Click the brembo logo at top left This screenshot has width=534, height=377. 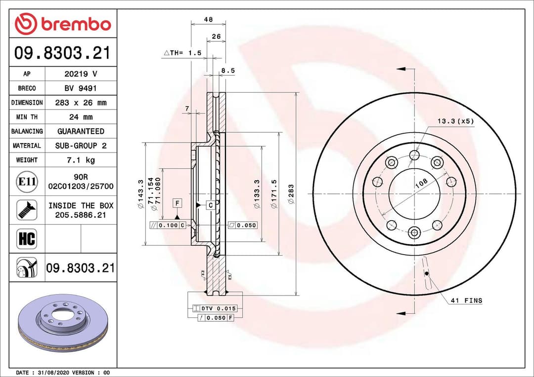coord(63,23)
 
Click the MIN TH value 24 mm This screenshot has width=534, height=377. coord(81,117)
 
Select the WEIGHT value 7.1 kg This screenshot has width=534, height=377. coord(81,160)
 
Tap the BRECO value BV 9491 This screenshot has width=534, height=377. coord(81,88)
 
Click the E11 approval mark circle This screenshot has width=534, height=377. coord(27,182)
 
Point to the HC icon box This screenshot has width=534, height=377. coord(27,239)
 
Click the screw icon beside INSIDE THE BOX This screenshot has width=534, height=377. coord(27,210)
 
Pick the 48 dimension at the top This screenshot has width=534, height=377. coord(208,20)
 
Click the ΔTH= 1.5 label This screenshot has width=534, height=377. coord(182,52)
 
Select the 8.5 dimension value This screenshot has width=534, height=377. coord(228,71)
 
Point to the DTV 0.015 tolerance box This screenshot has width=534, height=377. coord(218,308)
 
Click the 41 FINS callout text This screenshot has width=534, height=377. coord(466,300)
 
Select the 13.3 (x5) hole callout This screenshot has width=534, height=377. coord(455,121)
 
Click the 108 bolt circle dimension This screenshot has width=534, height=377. coord(421,183)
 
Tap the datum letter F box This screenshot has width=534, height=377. coord(177,203)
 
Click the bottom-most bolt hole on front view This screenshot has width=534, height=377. coord(414,232)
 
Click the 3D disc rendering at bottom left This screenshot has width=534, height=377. coord(62,324)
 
